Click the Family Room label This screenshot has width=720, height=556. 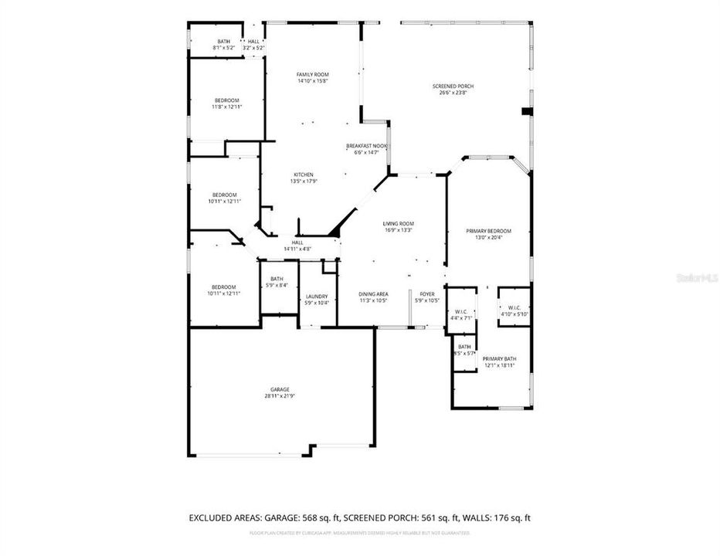pyautogui.click(x=313, y=74)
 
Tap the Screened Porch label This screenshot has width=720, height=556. pyautogui.click(x=453, y=86)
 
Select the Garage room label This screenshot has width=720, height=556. pyautogui.click(x=280, y=389)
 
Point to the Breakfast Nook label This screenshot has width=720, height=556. pyautogui.click(x=366, y=146)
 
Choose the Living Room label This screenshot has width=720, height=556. pyautogui.click(x=399, y=223)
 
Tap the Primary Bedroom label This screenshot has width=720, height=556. pyautogui.click(x=488, y=231)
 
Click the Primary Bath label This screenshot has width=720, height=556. pyautogui.click(x=499, y=358)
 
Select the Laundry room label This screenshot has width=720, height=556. pyautogui.click(x=317, y=297)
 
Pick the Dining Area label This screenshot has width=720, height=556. pyautogui.click(x=373, y=293)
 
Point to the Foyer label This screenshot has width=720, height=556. pyautogui.click(x=427, y=293)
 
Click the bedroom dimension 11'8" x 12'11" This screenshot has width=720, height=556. pyautogui.click(x=226, y=107)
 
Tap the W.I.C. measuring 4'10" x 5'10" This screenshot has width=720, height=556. pyautogui.click(x=512, y=314)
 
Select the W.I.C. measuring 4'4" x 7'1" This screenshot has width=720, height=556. pyautogui.click(x=464, y=317)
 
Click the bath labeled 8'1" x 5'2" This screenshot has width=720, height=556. pyautogui.click(x=223, y=48)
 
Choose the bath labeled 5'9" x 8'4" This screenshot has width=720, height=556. pyautogui.click(x=277, y=286)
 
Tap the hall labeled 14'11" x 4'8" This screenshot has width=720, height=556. pyautogui.click(x=297, y=249)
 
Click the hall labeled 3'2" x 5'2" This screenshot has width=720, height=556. pyautogui.click(x=254, y=48)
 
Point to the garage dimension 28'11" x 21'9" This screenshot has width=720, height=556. pyautogui.click(x=280, y=396)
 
